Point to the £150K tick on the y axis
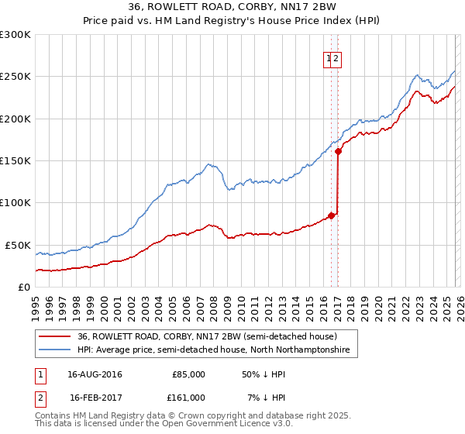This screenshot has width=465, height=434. [15, 160]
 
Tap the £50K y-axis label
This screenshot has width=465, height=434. [18, 245]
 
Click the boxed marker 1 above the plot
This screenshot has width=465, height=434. [329, 57]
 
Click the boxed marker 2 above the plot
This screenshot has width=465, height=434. [338, 57]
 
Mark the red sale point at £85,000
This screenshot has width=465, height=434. [332, 215]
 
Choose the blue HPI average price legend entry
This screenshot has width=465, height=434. [213, 350]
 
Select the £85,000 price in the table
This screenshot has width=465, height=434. [188, 374]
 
